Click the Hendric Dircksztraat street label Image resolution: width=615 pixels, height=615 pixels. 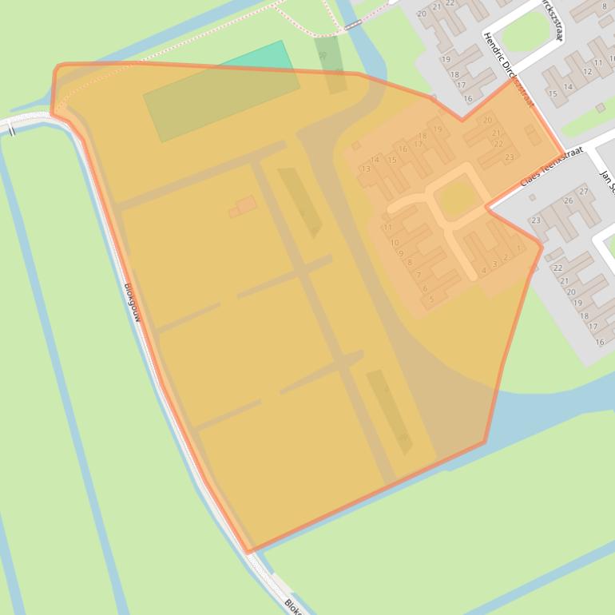pos(508,70)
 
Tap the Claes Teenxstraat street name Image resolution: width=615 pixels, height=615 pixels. pos(552,167)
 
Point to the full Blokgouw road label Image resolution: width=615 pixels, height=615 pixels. pos(133,303)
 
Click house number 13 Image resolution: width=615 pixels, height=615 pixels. pos(366,169)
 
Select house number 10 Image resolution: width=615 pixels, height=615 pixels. pos(395,242)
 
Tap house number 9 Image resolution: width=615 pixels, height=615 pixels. pos(401,253)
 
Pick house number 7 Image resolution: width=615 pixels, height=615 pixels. pos(418,275)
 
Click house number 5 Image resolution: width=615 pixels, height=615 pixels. pos(431,300)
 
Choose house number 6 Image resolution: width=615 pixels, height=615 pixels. pos(425,288)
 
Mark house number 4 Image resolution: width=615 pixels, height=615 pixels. pos(484,271)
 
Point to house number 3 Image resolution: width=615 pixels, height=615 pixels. pos(495,264)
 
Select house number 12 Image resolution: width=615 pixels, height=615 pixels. pos(587,72)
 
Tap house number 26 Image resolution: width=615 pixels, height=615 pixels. pos(569,200)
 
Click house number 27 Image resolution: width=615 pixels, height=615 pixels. pos(584,192)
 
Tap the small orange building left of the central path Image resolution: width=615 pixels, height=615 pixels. pos(244,205)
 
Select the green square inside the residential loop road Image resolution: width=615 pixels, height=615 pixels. pos(456,197)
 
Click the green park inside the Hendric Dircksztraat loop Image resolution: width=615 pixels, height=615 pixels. pos(527,32)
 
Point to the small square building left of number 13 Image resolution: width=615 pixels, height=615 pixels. pos(355,146)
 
